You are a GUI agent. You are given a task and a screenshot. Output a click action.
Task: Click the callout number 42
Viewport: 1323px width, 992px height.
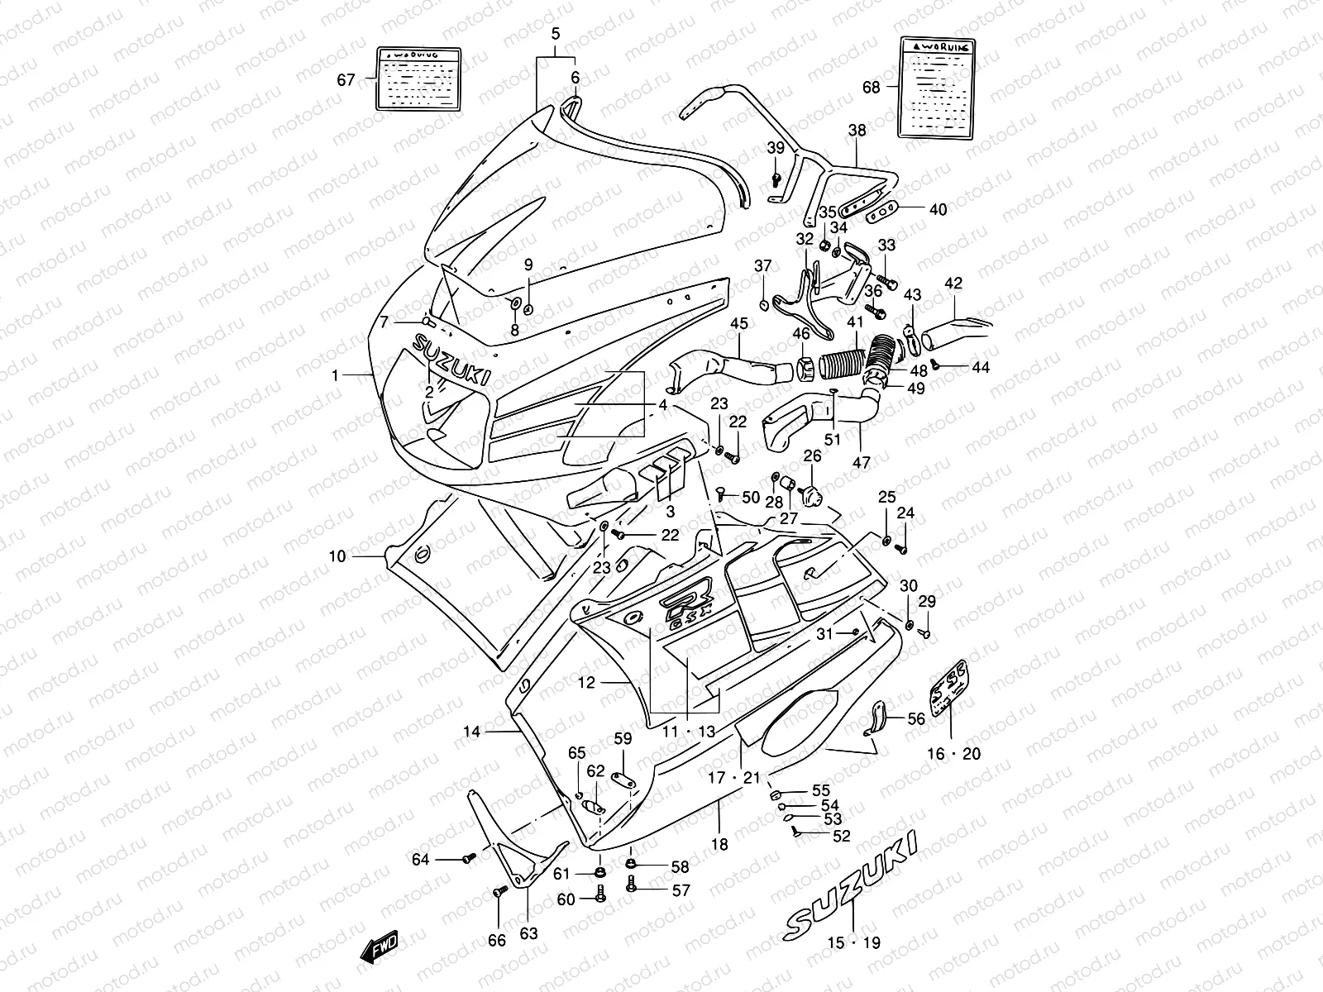tap(953, 284)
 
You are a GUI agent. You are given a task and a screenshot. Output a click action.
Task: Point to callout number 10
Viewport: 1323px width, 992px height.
tap(337, 556)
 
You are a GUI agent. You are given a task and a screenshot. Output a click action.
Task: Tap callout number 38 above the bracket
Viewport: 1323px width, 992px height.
tap(857, 130)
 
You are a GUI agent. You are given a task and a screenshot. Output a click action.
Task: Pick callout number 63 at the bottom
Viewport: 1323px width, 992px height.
tap(528, 934)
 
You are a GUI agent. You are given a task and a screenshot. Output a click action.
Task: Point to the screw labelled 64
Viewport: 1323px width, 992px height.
tap(469, 859)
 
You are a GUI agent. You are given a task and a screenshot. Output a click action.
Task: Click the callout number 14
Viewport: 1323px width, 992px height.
tap(471, 732)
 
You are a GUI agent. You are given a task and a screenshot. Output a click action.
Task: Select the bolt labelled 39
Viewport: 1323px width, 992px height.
tap(776, 178)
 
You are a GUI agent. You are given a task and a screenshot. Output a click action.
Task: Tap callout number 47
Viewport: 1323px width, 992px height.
tap(861, 462)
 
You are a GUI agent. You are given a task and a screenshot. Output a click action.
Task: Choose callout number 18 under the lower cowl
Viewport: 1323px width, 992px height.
tap(719, 844)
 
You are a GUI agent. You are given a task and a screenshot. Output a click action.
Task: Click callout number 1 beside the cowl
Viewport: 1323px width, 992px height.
tap(335, 375)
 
